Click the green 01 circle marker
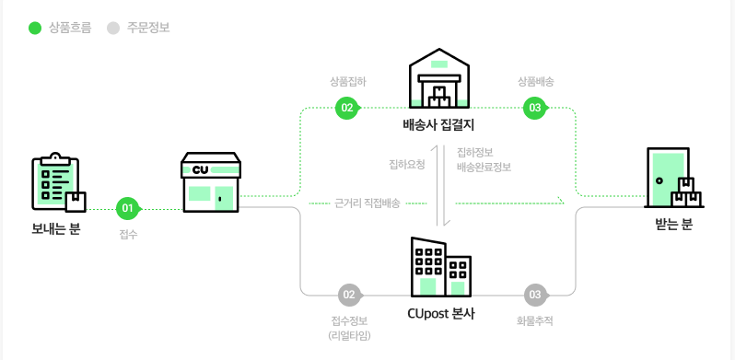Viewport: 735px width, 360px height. click(x=128, y=207)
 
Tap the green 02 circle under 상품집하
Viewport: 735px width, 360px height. click(x=347, y=109)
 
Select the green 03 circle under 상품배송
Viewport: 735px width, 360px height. click(x=534, y=109)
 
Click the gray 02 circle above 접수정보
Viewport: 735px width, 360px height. click(x=348, y=295)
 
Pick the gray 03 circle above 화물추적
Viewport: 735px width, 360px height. click(x=534, y=295)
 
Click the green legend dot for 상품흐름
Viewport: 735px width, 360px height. click(x=35, y=28)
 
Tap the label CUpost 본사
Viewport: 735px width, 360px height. click(x=440, y=313)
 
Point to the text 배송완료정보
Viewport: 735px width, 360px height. click(x=484, y=167)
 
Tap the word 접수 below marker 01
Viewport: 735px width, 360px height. click(x=128, y=234)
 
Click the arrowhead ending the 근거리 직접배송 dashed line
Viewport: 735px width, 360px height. click(x=560, y=201)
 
